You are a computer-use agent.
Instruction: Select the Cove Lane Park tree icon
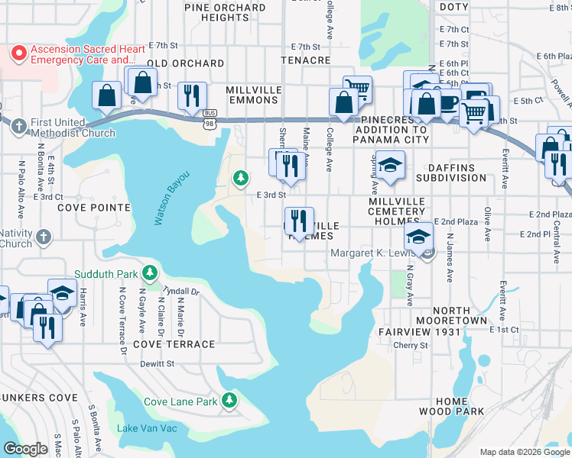click(229, 401)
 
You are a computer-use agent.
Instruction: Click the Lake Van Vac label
click(147, 428)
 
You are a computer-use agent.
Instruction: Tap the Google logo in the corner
click(25, 449)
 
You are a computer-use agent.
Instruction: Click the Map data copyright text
click(524, 452)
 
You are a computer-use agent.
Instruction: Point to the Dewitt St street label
click(158, 364)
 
